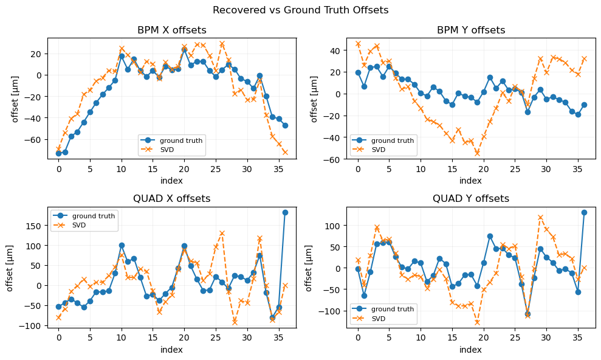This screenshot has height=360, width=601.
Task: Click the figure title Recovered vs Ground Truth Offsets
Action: click(x=300, y=10)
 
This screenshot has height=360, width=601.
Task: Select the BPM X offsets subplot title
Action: click(x=172, y=30)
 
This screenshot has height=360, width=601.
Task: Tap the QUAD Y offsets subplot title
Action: click(x=470, y=199)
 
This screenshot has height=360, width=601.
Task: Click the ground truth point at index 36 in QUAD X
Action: click(x=285, y=212)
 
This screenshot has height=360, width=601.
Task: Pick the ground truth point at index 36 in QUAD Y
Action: click(x=584, y=212)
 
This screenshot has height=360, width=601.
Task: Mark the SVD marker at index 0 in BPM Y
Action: click(x=358, y=44)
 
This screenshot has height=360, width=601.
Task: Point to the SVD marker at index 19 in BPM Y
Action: click(x=477, y=153)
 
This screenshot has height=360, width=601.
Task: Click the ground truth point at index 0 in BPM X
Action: click(x=59, y=153)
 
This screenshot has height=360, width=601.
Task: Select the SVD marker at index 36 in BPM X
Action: click(x=285, y=152)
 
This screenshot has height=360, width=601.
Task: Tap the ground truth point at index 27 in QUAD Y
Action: click(x=527, y=314)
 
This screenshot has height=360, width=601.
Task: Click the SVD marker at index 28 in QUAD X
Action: click(x=235, y=322)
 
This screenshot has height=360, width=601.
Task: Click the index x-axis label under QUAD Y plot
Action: click(x=470, y=350)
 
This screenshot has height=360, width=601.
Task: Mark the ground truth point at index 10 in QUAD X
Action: click(x=122, y=245)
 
